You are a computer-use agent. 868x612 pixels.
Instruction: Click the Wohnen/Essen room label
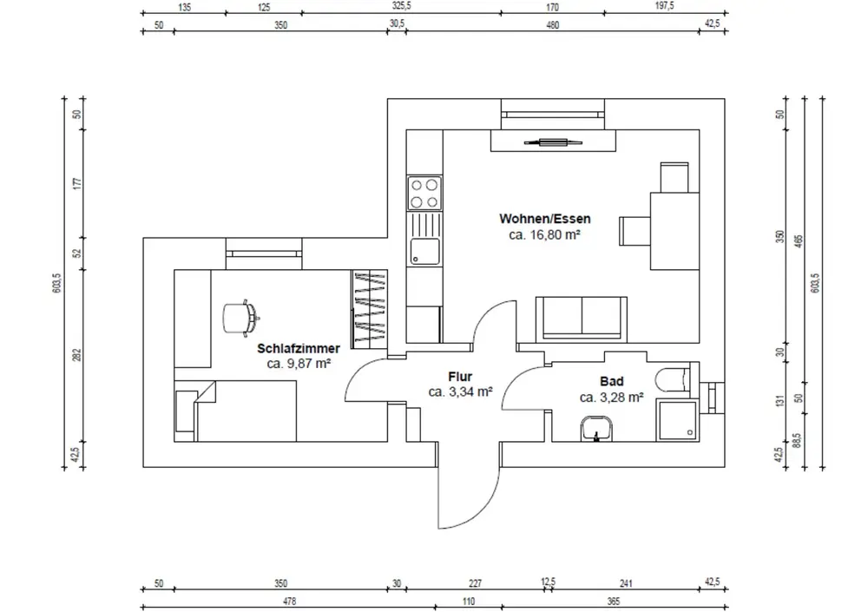tap(539, 218)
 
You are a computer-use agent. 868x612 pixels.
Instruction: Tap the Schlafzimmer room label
tap(299, 349)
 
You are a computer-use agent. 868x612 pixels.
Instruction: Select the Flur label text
tap(460, 377)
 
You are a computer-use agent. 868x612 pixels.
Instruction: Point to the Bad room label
tap(611, 382)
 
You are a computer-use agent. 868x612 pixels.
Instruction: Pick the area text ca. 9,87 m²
tap(299, 364)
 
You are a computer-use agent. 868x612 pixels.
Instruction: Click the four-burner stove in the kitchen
tap(424, 193)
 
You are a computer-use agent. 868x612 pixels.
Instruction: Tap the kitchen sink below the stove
tap(424, 252)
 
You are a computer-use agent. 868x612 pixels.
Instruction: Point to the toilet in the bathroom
tap(673, 379)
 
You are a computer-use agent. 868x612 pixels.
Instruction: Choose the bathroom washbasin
tap(596, 429)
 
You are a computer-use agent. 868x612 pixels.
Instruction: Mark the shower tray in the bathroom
tap(677, 423)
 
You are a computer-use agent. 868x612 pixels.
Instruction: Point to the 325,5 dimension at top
tap(401, 6)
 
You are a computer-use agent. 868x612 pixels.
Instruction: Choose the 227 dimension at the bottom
tap(473, 584)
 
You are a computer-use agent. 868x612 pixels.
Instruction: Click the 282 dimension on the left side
tap(76, 355)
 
